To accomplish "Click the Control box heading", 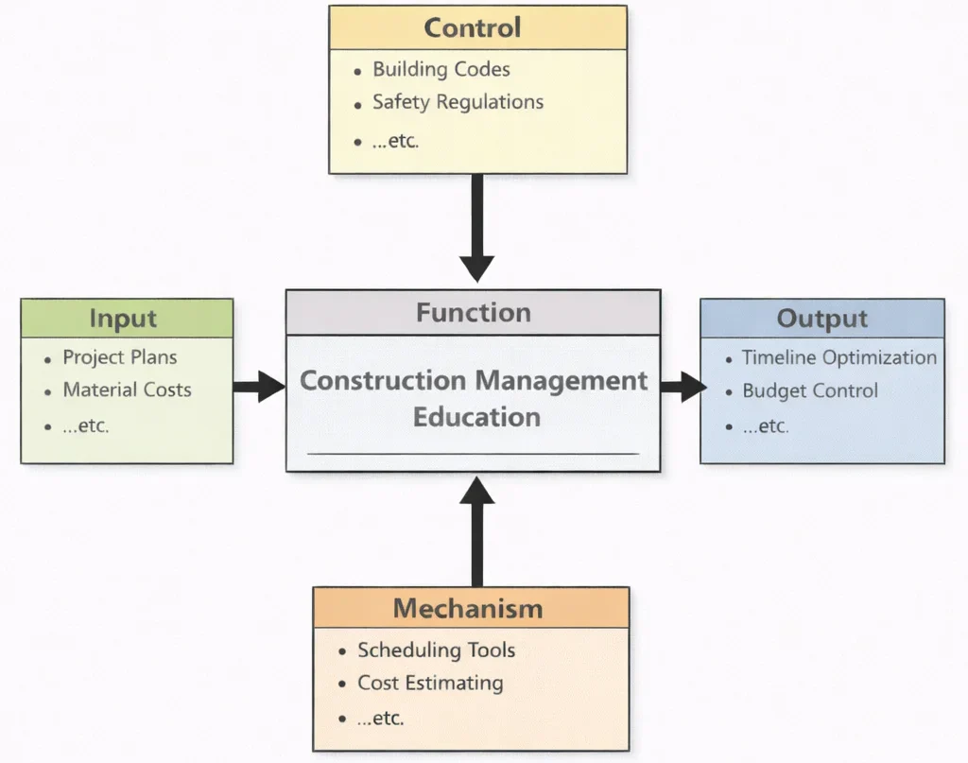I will pos(473,27).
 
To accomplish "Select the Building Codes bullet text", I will pos(441,69).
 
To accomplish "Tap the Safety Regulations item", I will pos(458,102).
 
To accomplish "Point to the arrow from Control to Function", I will pos(477,227).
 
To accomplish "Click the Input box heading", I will pos(124,319).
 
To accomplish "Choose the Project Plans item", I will pos(119,357).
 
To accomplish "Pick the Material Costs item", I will pos(127,390).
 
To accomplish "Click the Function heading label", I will pos(474,312).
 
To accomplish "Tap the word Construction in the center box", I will pos(382,381).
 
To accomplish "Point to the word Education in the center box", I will pos(476,417).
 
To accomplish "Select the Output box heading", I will pos(821,319).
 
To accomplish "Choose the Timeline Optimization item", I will pos(838,357).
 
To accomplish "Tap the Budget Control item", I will pos(809,390).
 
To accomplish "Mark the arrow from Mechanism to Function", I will pos(477,529).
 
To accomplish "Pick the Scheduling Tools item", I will pos(436,650).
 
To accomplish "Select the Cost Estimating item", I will pos(430,683).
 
